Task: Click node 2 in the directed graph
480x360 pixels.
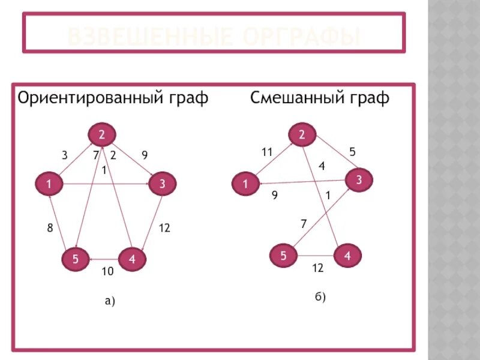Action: [102, 134]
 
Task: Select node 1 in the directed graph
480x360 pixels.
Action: [49, 185]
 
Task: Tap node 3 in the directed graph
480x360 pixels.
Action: [162, 185]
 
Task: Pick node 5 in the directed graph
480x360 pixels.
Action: [76, 259]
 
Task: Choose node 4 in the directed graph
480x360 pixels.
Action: [132, 259]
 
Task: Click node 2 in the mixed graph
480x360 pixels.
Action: [302, 134]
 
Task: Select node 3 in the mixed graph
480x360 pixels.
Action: [358, 179]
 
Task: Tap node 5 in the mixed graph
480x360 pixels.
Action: [283, 256]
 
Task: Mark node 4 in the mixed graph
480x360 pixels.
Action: [347, 256]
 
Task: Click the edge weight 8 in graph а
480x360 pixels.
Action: [50, 228]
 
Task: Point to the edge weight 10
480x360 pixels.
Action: [107, 272]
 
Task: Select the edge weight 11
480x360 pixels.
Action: [267, 152]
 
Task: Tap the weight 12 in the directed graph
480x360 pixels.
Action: [164, 228]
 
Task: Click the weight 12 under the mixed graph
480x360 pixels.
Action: [317, 268]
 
